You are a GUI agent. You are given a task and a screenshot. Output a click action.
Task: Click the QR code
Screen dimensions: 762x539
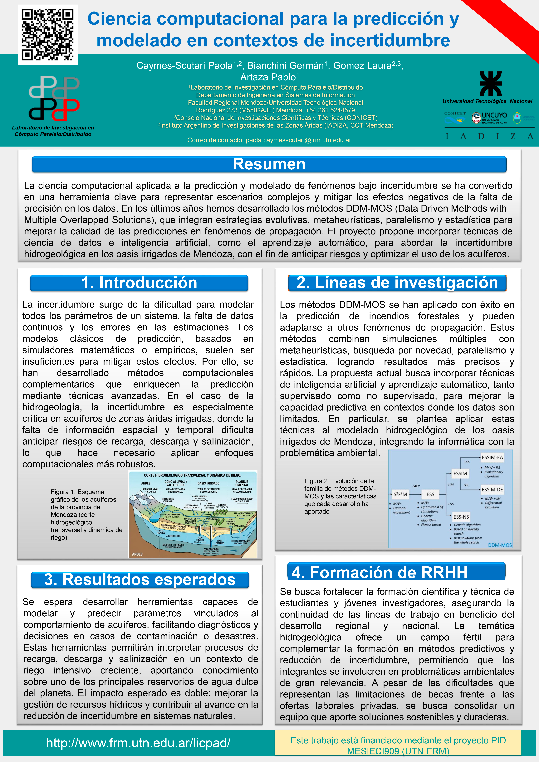(x=48, y=35)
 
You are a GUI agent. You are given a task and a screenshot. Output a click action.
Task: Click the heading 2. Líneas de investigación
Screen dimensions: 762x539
(x=397, y=283)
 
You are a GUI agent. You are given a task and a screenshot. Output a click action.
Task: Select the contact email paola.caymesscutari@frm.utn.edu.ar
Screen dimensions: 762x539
(x=298, y=140)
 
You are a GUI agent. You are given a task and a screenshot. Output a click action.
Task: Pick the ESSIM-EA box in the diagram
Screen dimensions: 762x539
(x=492, y=457)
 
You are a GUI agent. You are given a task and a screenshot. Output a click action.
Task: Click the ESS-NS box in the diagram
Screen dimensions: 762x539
(x=461, y=517)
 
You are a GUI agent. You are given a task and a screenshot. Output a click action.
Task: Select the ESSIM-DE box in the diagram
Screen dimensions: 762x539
(x=492, y=490)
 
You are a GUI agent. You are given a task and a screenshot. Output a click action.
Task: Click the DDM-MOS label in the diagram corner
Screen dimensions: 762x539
(x=500, y=545)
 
